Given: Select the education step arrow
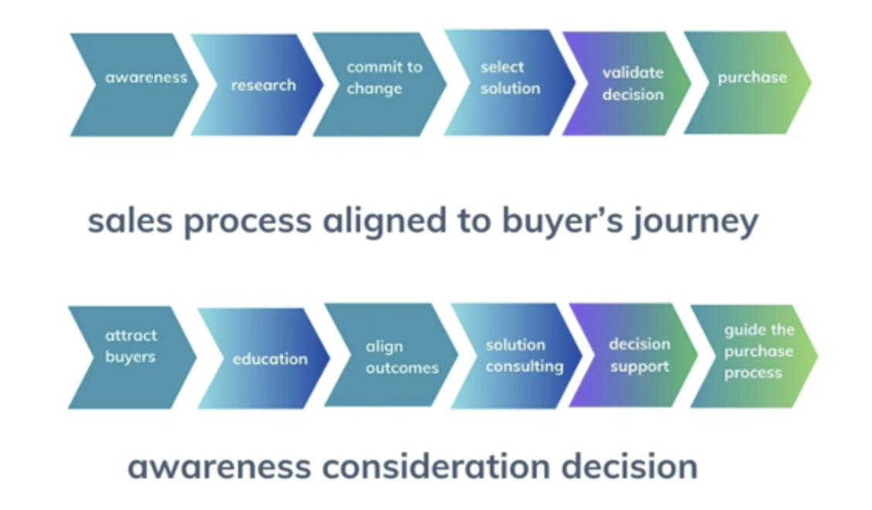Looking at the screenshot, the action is (x=267, y=359).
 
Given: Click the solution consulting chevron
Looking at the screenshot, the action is (x=522, y=355).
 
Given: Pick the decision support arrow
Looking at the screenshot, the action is (x=639, y=355).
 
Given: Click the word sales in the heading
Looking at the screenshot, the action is (x=124, y=222).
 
